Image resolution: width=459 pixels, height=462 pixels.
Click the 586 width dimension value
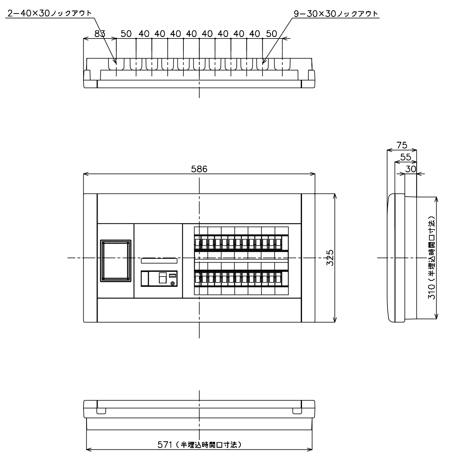[199, 169]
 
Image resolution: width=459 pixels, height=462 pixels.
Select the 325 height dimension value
[330, 258]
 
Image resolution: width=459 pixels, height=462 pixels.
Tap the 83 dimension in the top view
[100, 34]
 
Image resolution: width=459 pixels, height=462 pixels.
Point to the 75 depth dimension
[402, 145]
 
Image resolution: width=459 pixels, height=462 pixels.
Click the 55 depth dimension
[406, 157]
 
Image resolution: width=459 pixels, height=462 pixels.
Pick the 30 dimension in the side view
[410, 169]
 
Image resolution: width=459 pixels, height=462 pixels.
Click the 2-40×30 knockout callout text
[49, 13]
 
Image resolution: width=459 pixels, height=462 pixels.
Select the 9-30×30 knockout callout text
[336, 14]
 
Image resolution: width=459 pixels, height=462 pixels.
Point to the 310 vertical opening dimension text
[432, 258]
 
